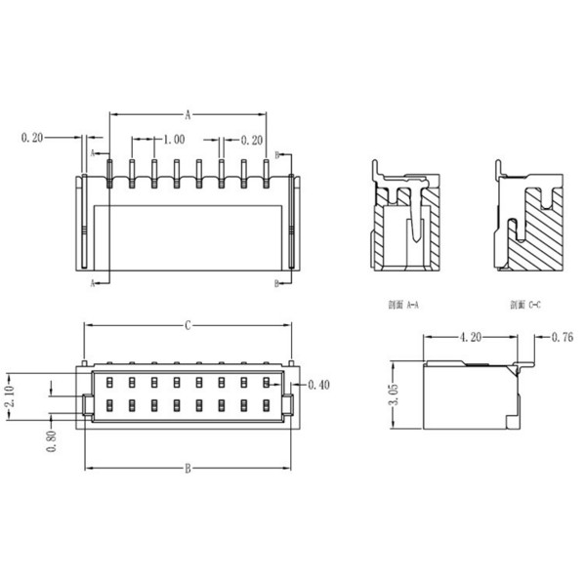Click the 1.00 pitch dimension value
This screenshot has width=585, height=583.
(176, 140)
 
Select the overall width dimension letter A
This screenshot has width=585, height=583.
(187, 112)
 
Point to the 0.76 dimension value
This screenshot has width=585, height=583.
(562, 339)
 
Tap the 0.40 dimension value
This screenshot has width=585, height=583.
(318, 385)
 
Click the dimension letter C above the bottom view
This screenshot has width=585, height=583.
(187, 325)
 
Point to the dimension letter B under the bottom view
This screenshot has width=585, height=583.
(187, 469)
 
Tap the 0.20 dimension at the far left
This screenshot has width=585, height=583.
(32, 139)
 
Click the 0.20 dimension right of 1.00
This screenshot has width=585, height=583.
(251, 140)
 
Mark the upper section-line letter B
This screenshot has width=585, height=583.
(276, 154)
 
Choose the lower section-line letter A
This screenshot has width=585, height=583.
(93, 283)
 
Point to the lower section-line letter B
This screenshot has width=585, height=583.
(276, 283)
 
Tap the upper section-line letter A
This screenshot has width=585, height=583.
(93, 154)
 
